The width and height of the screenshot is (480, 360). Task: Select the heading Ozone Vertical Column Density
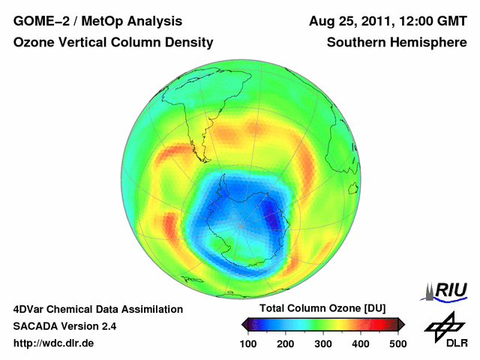(x=112, y=43)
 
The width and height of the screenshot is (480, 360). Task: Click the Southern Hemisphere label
(x=397, y=43)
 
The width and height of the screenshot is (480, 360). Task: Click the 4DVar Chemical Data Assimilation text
(x=97, y=309)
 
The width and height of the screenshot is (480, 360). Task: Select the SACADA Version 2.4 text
(x=64, y=326)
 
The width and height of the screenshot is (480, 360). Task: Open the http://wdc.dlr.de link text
(x=54, y=343)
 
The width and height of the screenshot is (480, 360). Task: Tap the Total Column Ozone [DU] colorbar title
(x=322, y=309)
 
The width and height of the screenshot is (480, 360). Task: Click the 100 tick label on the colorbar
(x=248, y=343)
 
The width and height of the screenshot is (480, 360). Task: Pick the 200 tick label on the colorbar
(x=286, y=343)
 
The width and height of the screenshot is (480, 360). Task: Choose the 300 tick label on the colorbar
(x=322, y=343)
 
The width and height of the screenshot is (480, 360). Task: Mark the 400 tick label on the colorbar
(x=360, y=343)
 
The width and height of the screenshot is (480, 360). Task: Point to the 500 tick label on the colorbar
(x=397, y=343)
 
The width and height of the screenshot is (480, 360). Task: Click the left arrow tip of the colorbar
(x=242, y=324)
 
